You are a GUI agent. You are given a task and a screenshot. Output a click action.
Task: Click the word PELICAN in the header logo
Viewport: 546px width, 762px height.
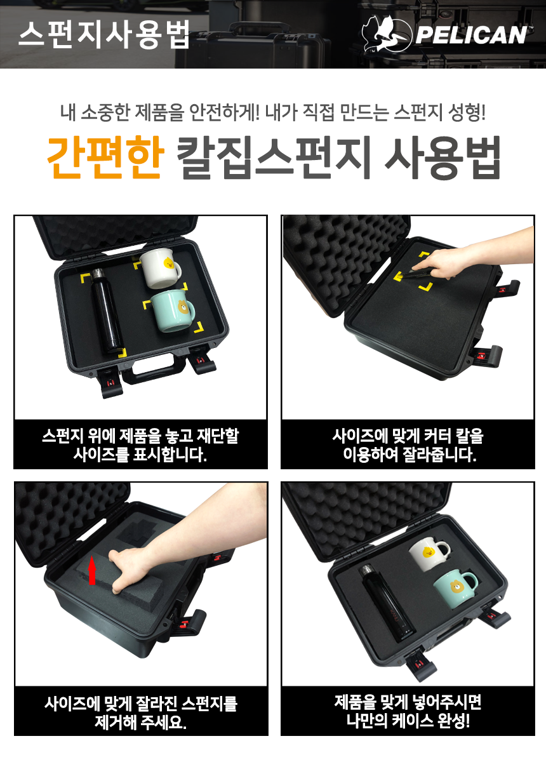472,35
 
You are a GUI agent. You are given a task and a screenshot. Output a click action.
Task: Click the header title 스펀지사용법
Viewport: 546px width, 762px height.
104,34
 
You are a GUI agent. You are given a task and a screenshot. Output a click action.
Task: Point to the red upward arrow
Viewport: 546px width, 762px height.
91,573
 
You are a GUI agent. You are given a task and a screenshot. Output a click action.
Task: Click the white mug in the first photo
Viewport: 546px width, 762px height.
160,269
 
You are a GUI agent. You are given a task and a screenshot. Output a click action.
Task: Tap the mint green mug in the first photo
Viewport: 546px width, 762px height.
173,311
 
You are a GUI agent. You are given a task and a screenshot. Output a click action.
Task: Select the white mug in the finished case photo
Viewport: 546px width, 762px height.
429,553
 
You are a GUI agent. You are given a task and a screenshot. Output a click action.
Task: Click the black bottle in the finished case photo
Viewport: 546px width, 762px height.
388,601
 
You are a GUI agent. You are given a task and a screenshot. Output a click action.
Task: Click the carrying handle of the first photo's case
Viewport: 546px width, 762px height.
154,371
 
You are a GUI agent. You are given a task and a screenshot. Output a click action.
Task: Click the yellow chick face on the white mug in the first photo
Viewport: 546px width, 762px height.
168,263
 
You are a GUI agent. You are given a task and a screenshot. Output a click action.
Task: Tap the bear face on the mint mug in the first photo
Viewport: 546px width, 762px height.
183,307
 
